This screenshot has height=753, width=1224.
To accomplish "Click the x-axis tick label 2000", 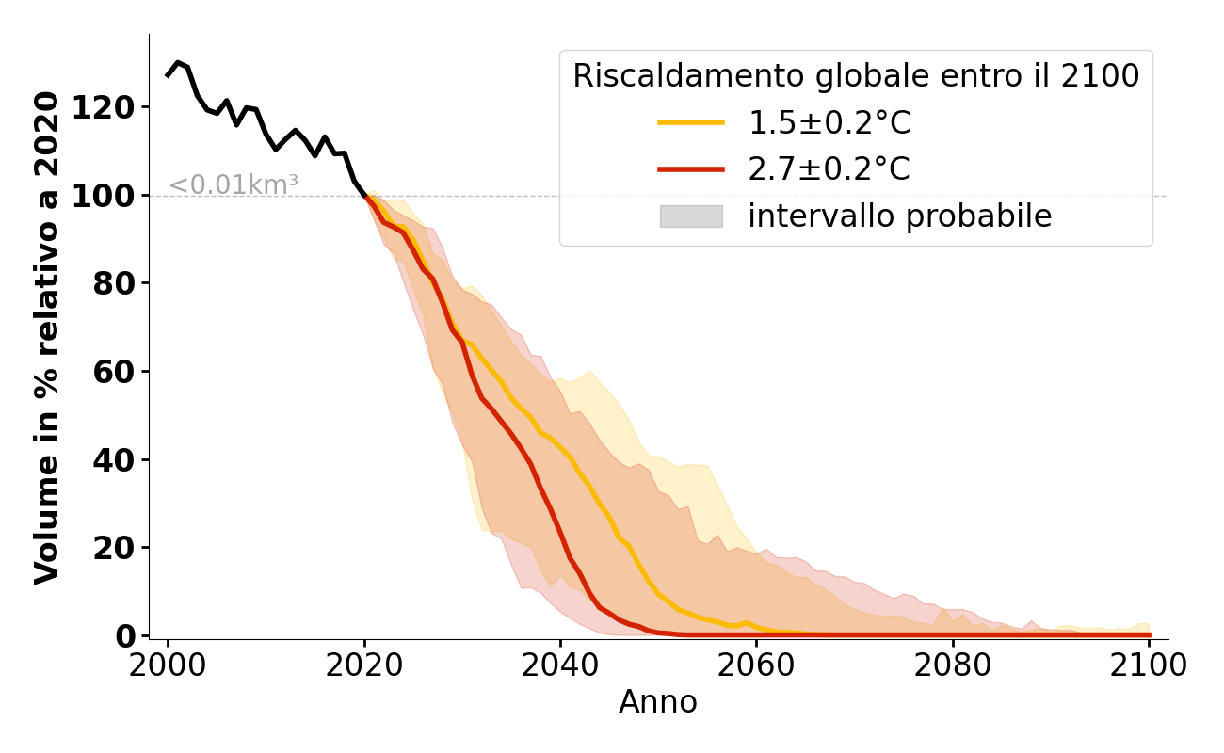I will click(x=168, y=665).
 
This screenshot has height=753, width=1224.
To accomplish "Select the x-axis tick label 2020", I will click(x=363, y=665).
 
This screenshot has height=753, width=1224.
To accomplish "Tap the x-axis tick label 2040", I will click(x=559, y=665).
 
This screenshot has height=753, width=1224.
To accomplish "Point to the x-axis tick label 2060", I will click(x=755, y=665).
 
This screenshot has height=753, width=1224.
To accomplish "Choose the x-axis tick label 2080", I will click(x=952, y=665).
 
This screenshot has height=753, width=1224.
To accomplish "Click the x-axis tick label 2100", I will click(x=1148, y=665).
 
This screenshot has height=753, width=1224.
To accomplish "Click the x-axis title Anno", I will click(x=658, y=702).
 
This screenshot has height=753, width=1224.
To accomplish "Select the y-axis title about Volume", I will click(x=47, y=337).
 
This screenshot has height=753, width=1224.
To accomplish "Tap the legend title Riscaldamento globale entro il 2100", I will click(x=856, y=76).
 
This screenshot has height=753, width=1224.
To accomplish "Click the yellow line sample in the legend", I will click(x=691, y=122).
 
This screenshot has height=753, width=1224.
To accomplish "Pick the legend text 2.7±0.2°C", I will click(x=829, y=169).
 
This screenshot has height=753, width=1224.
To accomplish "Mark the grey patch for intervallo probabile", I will click(x=691, y=216).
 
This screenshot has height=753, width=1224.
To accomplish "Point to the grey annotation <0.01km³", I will click(x=234, y=185).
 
